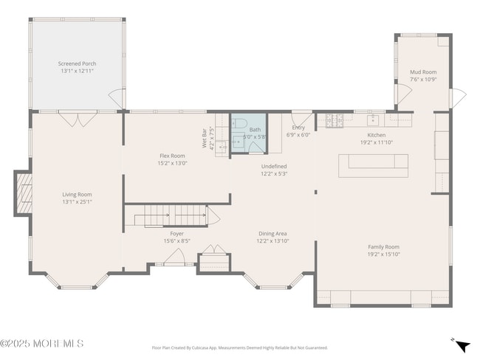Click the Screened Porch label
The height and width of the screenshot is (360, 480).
78,63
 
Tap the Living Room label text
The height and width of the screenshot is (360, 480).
77,194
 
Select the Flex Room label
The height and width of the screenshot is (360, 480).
172,156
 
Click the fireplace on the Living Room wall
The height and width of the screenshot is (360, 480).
24,193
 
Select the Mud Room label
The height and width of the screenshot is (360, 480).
423,72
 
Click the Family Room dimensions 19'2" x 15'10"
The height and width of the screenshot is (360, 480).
383,255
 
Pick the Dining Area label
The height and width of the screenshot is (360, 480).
272,233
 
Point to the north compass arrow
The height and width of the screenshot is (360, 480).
462,345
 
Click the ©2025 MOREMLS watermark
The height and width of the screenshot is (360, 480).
42,344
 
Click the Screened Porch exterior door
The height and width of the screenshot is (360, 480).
117,98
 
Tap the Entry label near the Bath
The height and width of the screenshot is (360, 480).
298,127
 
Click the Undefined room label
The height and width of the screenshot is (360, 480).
273,167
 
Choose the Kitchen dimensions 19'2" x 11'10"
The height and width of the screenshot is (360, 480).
377,143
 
